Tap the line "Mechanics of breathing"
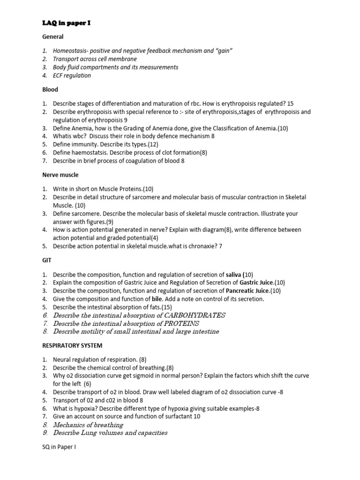coord(88,425)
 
